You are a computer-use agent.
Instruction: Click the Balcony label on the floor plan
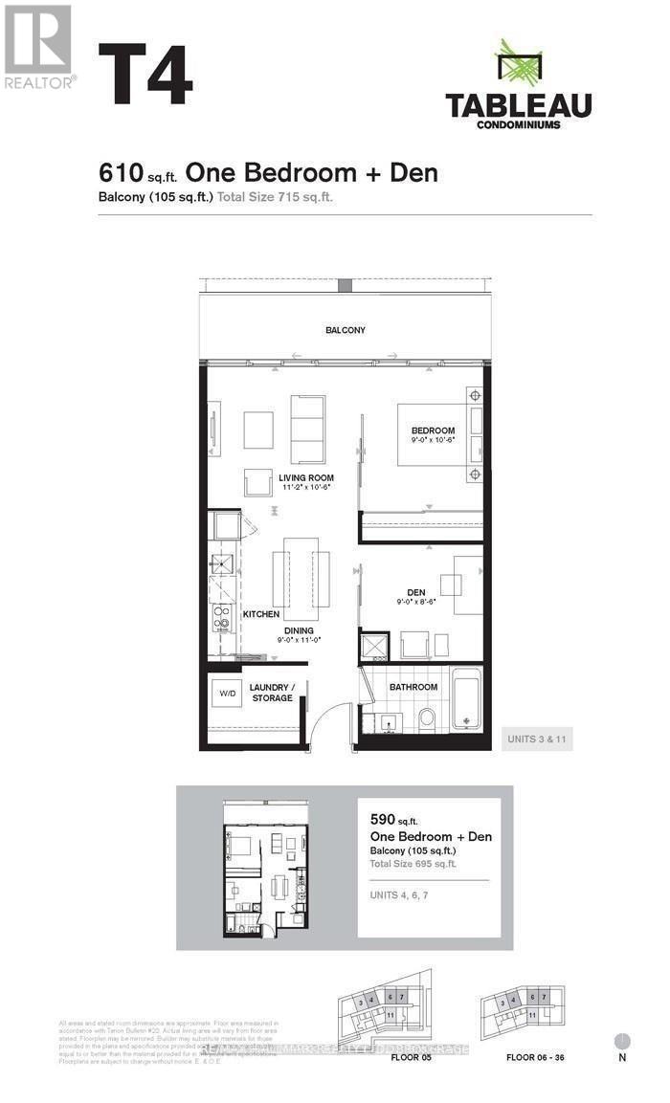click(345, 330)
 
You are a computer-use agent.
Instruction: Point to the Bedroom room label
click(433, 430)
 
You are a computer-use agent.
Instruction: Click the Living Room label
click(305, 477)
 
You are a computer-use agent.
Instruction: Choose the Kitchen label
click(260, 613)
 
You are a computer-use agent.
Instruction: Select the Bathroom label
click(413, 687)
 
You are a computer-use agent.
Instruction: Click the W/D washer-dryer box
click(228, 692)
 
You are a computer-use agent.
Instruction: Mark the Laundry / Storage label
click(273, 693)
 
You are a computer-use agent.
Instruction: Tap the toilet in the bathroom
click(427, 717)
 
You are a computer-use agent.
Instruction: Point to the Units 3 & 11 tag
click(537, 739)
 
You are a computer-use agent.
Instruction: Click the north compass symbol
click(622, 1041)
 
